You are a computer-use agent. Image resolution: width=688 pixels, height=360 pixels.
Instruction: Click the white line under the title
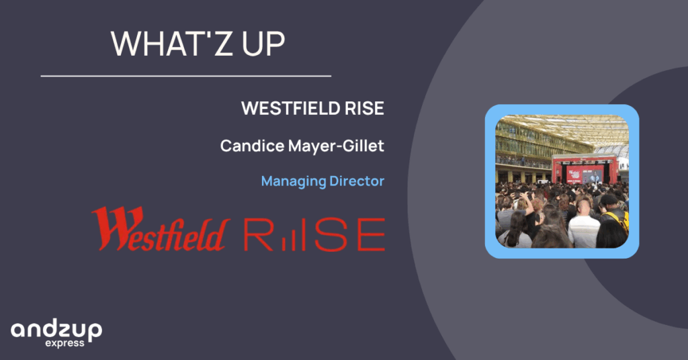tap(186, 76)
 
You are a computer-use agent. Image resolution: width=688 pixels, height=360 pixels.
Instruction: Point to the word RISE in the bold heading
tap(364, 108)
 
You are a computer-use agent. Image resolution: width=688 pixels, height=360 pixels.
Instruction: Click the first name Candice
tap(253, 146)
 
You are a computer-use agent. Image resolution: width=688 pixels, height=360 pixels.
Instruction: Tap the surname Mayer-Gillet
tap(336, 146)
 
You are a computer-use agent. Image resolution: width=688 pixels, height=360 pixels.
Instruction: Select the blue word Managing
tap(293, 181)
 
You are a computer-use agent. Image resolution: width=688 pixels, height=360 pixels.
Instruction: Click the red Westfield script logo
tap(161, 229)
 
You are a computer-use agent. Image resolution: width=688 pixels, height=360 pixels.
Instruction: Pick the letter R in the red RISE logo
tap(259, 234)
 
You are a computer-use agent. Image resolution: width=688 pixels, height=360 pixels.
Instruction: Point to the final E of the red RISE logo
tap(371, 234)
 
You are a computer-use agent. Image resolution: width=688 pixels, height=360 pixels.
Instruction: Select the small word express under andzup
tap(64, 343)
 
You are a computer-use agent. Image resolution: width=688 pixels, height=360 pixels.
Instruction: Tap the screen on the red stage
tap(585, 174)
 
